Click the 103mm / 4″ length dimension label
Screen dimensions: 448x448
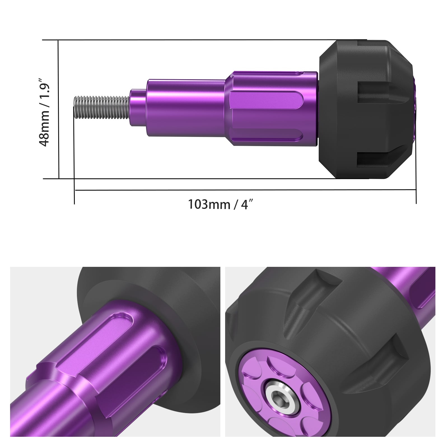coord(221,205)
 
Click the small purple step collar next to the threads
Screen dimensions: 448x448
coord(137,108)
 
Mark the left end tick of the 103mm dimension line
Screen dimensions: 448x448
coord(74,191)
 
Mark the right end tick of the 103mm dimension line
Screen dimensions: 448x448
coord(416,191)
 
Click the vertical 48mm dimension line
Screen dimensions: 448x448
coord(59,109)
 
